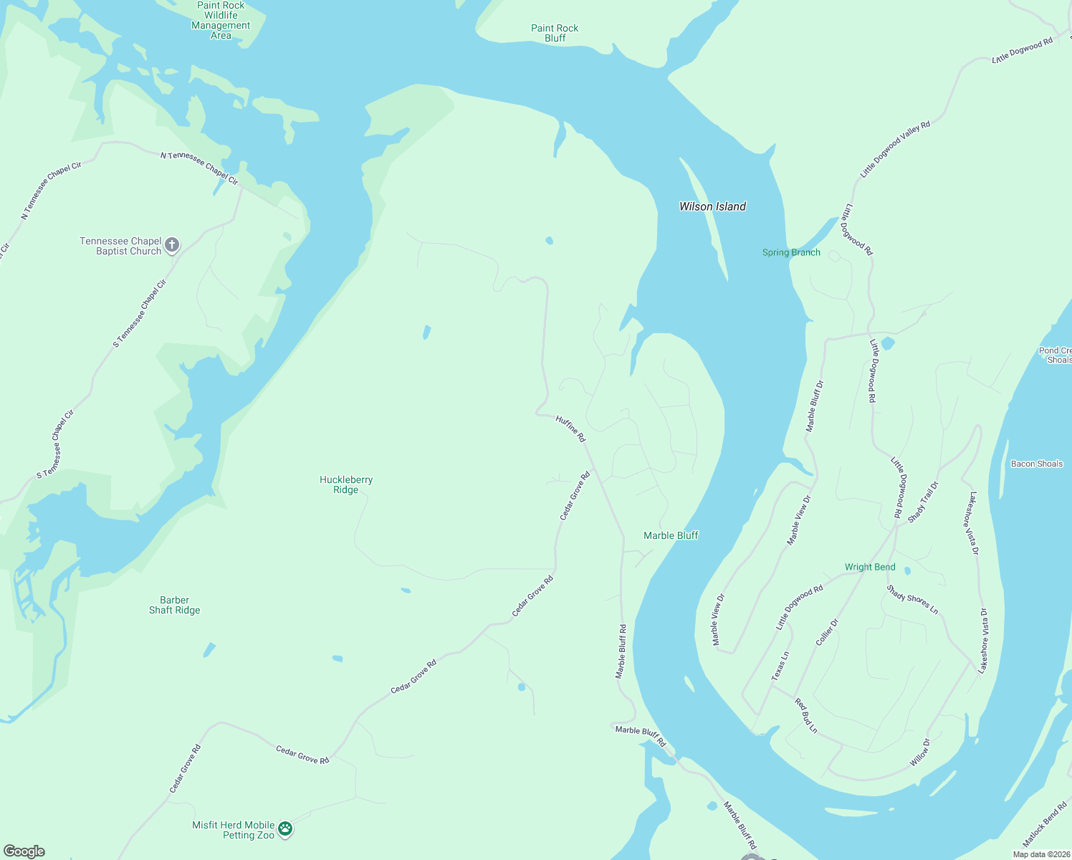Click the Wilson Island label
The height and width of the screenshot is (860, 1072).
point(712,206)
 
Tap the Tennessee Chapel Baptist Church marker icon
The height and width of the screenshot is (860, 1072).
point(172,245)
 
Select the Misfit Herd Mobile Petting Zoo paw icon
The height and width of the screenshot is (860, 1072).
point(285,829)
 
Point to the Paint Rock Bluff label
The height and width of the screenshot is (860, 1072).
point(555,33)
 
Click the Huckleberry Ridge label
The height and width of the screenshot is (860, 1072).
point(346,484)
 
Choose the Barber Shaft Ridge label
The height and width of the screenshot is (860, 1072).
point(175,605)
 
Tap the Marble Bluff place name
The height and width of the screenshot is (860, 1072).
point(671,535)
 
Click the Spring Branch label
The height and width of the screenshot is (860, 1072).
point(791,252)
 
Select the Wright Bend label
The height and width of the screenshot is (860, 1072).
point(870,567)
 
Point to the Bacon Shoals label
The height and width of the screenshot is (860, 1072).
point(1036,464)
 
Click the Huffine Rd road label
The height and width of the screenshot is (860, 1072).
point(571,429)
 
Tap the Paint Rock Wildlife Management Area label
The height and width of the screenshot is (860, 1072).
point(221,20)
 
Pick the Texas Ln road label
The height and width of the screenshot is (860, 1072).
point(780,666)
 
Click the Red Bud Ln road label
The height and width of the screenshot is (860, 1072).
point(806,715)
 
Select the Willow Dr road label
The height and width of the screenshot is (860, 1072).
point(919,752)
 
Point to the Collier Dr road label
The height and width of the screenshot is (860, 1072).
point(827,632)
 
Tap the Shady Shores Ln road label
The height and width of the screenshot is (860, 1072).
point(912,600)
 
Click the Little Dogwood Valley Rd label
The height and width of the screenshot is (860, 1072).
point(895,149)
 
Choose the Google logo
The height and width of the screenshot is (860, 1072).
point(24,851)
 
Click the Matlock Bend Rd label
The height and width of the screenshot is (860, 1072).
point(1045,826)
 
